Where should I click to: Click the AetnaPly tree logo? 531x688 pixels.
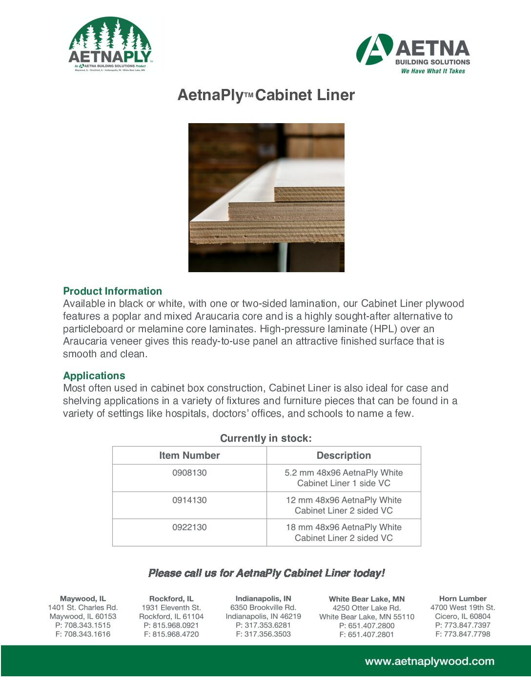click(x=110, y=44)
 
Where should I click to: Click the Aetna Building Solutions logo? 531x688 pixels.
click(x=413, y=53)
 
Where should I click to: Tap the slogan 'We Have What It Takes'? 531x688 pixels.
click(x=433, y=71)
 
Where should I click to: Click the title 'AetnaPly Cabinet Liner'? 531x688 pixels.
click(x=266, y=95)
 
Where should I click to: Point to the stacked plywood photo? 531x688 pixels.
click(x=266, y=197)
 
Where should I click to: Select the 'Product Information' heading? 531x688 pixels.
click(x=112, y=291)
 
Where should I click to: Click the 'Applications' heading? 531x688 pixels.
click(x=94, y=376)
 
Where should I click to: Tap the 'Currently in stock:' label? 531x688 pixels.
click(x=265, y=438)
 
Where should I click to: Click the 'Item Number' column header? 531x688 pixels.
click(x=189, y=455)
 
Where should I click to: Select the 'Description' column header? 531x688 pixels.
click(x=344, y=455)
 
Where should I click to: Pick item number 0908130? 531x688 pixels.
click(x=189, y=473)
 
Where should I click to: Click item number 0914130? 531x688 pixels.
click(x=189, y=500)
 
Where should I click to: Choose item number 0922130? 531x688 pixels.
click(x=189, y=528)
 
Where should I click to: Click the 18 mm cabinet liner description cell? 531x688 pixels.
click(x=344, y=533)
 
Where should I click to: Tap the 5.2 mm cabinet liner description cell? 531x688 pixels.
click(x=344, y=478)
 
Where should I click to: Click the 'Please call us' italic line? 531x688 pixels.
click(x=266, y=573)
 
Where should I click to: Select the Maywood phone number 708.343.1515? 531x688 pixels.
click(x=83, y=625)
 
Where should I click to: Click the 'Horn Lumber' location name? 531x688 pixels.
click(x=463, y=599)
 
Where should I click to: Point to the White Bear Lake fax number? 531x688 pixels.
click(x=367, y=635)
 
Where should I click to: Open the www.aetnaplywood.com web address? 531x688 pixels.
click(x=429, y=662)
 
